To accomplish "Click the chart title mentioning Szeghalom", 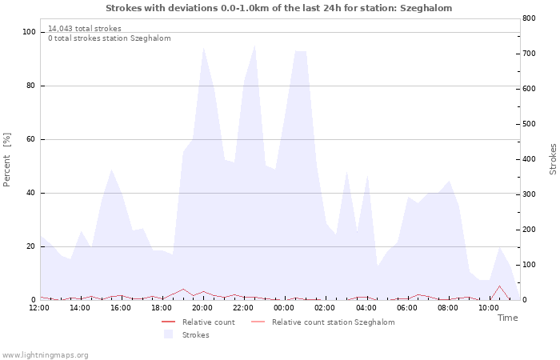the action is pos(278,8).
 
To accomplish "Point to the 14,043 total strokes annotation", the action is pos(85,29).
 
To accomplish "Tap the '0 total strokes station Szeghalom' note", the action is pos(110,38).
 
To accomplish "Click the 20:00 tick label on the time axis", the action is pos(202,308).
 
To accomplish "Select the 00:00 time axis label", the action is pos(284,308).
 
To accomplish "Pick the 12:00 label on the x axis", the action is pos(39,308).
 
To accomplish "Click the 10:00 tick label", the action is pos(489,308).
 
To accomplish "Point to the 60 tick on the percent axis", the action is pos(30,139).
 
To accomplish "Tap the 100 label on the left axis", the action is pos(29,32).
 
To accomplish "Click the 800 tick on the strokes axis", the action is pos(529,18).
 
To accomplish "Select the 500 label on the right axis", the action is pos(529,124).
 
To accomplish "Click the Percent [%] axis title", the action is pos(6,160).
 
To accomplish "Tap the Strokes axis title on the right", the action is pos(553,159).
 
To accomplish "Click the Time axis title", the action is pos(507,318).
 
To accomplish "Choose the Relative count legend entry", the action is pos(198,322).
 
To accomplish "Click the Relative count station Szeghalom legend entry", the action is pos(323,322).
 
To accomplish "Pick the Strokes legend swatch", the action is pos(168,334).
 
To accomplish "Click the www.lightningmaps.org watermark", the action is pos(45,355).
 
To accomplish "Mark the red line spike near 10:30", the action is pos(499,286).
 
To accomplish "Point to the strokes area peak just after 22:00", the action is pos(254,46).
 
